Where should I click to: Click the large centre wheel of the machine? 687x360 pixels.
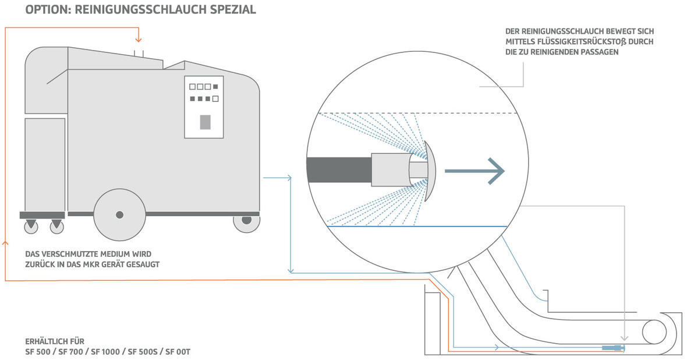point(119,214)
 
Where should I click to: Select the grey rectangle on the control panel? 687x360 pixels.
point(205,122)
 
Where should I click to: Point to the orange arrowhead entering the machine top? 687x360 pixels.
point(138,40)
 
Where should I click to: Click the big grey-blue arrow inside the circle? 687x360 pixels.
point(474,171)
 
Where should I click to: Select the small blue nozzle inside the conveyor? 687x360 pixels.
point(611,348)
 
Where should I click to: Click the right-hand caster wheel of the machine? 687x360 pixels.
point(246,221)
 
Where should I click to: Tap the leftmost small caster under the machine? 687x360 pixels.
point(30,226)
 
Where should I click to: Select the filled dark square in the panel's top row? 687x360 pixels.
point(215,87)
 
